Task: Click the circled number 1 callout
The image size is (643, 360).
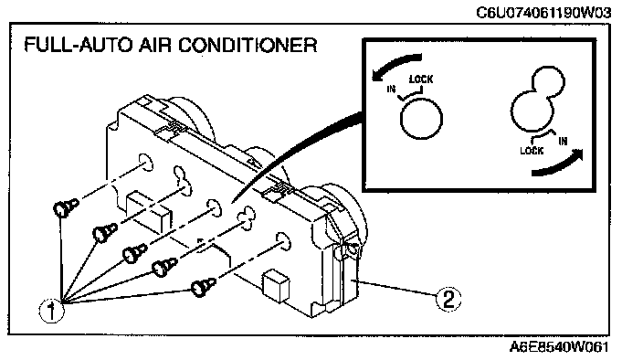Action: coord(51,311)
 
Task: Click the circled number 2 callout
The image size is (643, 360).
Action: coord(448,299)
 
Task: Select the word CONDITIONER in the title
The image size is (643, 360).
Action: coord(248,45)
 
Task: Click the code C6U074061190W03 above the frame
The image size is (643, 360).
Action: coord(543,13)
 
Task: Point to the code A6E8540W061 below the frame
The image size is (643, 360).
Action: coord(559,347)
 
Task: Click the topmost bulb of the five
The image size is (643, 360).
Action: coord(66,207)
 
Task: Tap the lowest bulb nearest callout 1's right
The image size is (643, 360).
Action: coord(203,286)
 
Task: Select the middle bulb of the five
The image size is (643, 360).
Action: coord(134,253)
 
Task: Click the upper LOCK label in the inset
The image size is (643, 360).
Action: coord(421,79)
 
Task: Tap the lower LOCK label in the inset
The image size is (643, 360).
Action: coord(532,151)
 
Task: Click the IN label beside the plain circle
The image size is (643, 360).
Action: coord(391,89)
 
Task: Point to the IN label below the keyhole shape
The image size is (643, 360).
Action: coord(563,141)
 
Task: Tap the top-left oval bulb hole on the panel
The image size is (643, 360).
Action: coord(145,163)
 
